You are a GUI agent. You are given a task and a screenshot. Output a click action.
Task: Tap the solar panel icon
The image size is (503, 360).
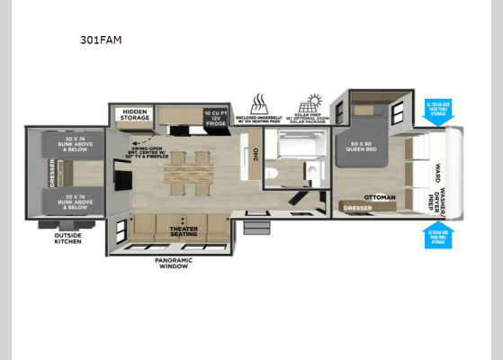[x=316, y=101]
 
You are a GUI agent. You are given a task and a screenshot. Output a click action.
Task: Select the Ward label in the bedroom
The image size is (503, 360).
[x=438, y=170]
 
